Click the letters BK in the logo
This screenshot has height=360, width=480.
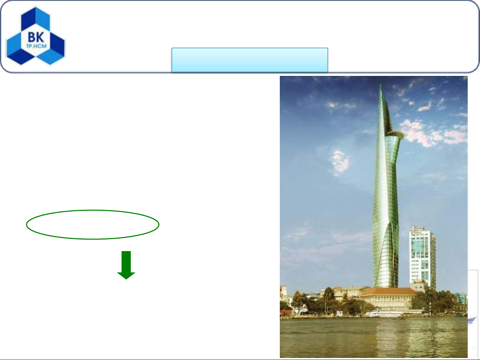tap(36, 37)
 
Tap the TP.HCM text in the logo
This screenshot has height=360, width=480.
tap(36, 46)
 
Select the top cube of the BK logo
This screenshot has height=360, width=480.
tap(36, 19)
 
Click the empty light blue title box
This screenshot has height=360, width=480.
tap(250, 60)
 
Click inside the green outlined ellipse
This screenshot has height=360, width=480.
tap(93, 225)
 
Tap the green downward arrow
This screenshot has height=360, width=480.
tap(126, 265)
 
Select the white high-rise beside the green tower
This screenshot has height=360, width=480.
tap(422, 257)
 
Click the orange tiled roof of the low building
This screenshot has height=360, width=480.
tap(390, 292)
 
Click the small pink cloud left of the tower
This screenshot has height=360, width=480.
tap(340, 162)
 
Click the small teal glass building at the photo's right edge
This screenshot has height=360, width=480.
tap(461, 298)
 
